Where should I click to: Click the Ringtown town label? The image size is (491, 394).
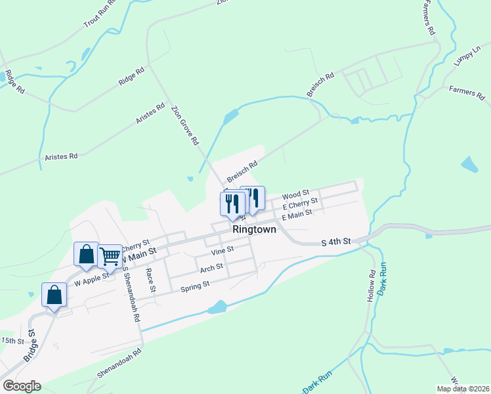(x=253, y=230)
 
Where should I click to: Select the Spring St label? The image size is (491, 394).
(x=194, y=285)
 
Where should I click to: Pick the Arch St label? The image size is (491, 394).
(x=212, y=267)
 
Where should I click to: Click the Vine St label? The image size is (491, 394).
(x=223, y=251)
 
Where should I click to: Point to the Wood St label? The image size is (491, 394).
(x=295, y=195)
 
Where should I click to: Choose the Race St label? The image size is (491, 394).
(x=152, y=280)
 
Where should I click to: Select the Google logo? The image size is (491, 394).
(x=21, y=385)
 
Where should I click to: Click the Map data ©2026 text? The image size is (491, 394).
(x=462, y=389)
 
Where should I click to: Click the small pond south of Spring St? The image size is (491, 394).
(x=216, y=307)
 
